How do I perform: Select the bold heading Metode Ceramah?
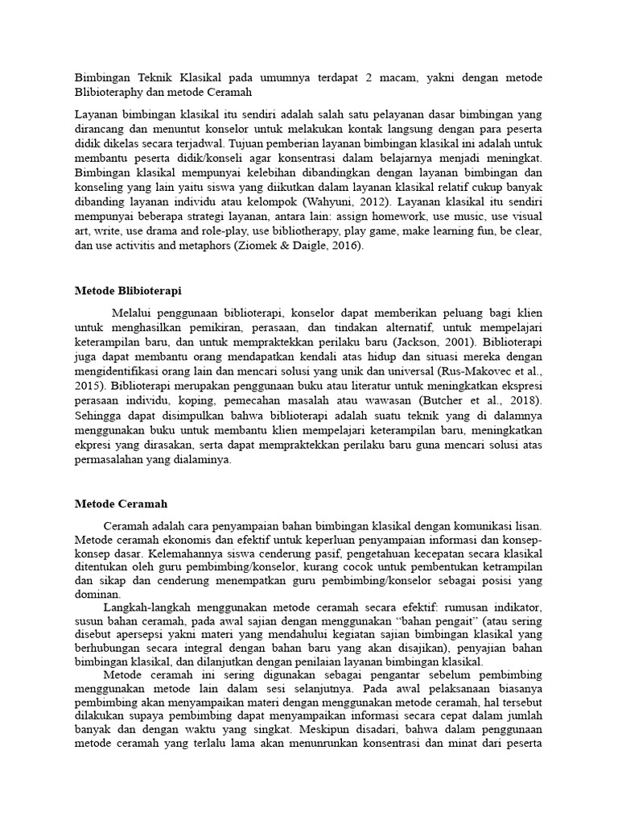(121, 504)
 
